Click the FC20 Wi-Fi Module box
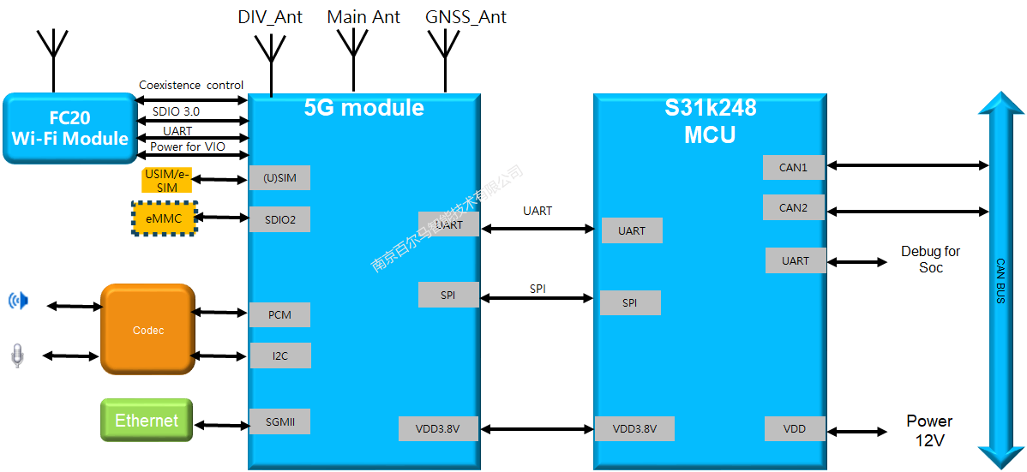click(69, 128)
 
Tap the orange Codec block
click(148, 330)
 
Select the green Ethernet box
click(147, 421)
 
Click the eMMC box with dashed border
click(164, 218)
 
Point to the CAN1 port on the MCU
click(793, 167)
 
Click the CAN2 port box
click(793, 207)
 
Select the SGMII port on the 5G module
click(279, 421)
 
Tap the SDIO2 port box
click(279, 219)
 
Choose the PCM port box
click(279, 314)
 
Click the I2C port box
click(279, 355)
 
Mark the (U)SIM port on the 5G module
click(279, 177)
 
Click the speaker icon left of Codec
click(18, 301)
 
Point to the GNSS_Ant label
click(465, 17)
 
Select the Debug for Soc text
click(930, 260)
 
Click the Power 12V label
click(929, 430)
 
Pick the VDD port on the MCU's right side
click(795, 428)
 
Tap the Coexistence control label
click(191, 85)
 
